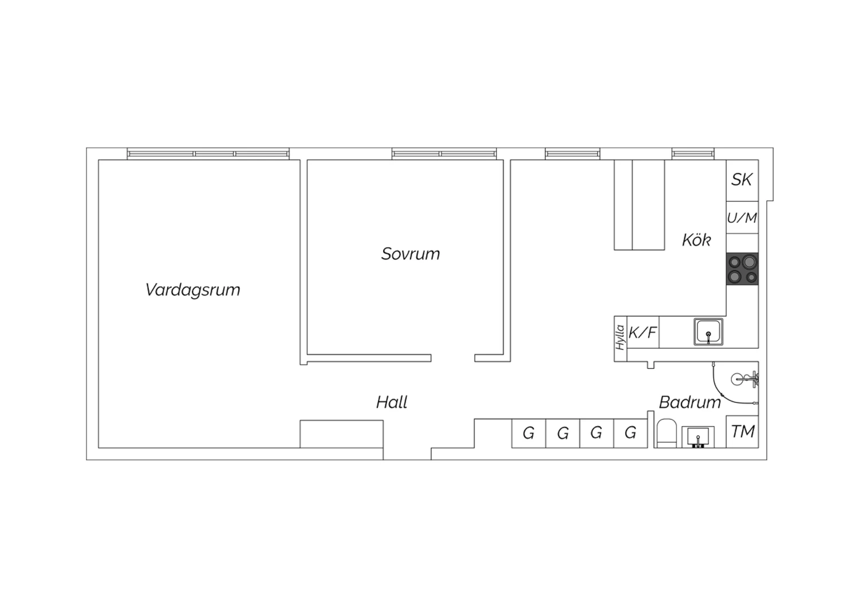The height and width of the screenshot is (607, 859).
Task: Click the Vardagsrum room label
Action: tap(192, 290)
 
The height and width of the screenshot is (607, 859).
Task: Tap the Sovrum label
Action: tap(411, 254)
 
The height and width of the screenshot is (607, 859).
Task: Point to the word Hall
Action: tap(392, 402)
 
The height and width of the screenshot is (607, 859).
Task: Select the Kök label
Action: tap(696, 240)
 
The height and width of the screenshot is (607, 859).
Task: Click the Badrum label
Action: tap(690, 402)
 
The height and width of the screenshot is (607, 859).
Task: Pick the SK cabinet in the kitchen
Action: tap(742, 180)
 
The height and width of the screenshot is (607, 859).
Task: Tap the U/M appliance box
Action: tap(742, 218)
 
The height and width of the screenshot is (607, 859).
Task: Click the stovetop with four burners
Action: tap(742, 269)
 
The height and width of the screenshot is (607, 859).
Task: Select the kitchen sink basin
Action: tap(708, 332)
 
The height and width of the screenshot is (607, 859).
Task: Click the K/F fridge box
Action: tap(643, 333)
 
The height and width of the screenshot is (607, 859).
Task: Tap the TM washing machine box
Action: tap(742, 431)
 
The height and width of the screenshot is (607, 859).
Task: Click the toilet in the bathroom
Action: tap(667, 433)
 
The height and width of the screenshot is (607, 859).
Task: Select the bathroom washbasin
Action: tap(698, 437)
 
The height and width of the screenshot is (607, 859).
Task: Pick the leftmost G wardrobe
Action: tap(529, 433)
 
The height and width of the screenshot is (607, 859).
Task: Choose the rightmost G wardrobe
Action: tap(631, 433)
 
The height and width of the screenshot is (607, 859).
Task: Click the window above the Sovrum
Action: tap(444, 154)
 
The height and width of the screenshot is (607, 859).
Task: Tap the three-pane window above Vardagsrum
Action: tap(208, 154)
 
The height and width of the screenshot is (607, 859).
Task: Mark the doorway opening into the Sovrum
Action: tap(453, 358)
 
